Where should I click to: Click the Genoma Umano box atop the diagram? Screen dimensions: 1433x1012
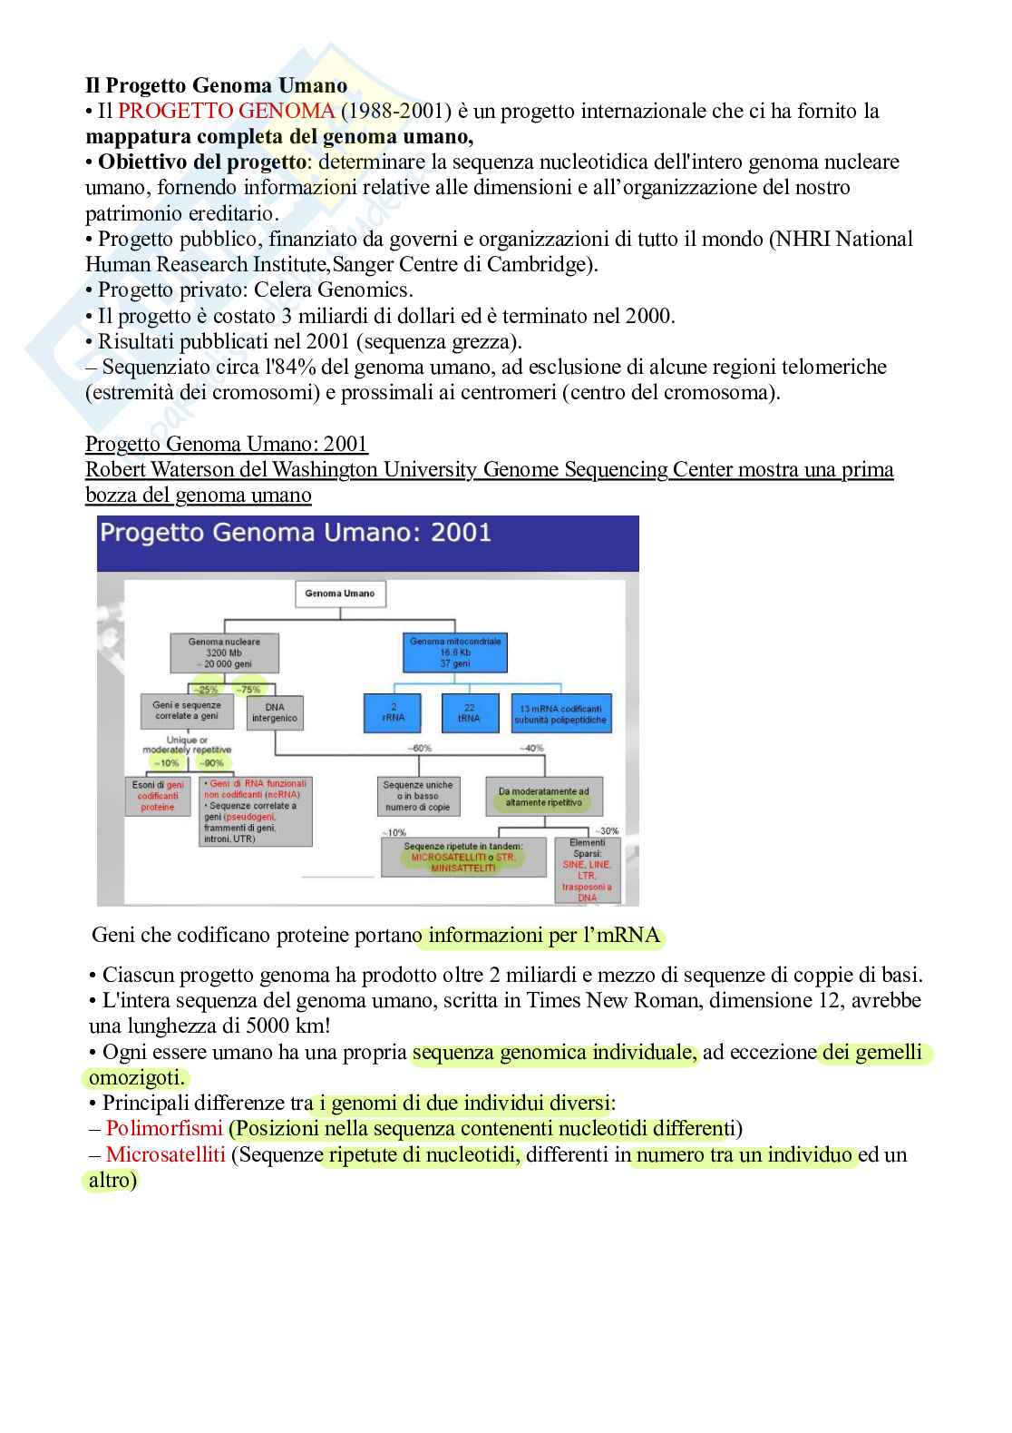tap(340, 594)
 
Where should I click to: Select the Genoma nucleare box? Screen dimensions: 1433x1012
tap(224, 653)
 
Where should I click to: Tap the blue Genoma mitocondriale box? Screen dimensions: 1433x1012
tap(454, 653)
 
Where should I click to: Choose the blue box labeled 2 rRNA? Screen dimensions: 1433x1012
tap(393, 712)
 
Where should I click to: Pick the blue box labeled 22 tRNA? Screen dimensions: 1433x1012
tap(468, 712)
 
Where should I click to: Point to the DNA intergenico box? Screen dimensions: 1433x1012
tap(275, 713)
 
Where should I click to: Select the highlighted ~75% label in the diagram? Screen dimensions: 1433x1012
tap(248, 690)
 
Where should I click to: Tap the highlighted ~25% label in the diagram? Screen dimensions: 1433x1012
tap(207, 690)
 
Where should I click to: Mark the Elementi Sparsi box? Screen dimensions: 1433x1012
tap(587, 870)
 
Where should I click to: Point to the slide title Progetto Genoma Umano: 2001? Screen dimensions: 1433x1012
tap(296, 532)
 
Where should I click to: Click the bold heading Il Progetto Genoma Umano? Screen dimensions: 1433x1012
tap(216, 85)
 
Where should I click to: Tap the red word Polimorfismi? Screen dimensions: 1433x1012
tap(164, 1129)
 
